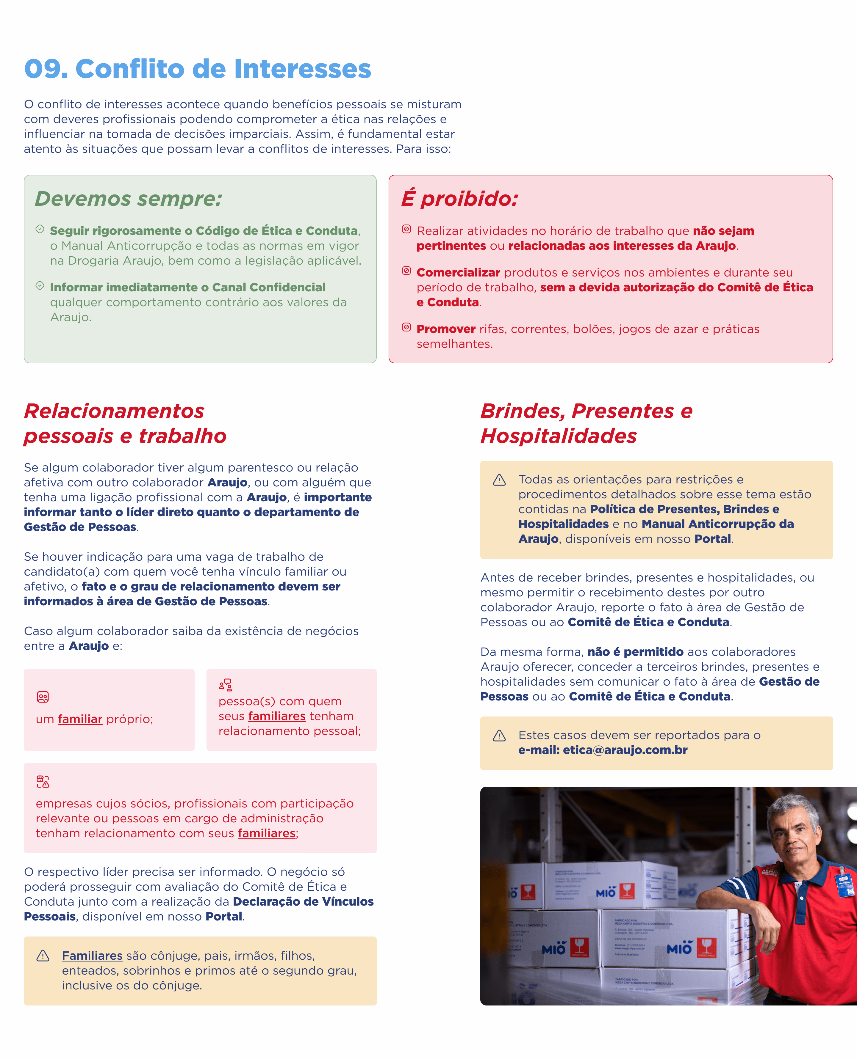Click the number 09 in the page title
tap(46, 69)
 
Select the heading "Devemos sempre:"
tap(128, 199)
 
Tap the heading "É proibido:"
tap(460, 199)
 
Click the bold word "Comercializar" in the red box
tap(458, 272)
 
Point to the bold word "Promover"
tap(446, 329)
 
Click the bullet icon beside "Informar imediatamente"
tap(40, 286)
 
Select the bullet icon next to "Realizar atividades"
tap(406, 229)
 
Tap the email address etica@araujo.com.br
tap(625, 750)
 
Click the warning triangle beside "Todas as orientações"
tap(499, 480)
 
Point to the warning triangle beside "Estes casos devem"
tap(499, 736)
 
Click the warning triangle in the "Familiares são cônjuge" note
tap(43, 956)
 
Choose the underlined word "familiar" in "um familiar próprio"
tap(80, 719)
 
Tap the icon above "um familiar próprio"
tap(43, 697)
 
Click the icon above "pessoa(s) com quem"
tap(226, 685)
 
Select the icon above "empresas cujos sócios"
tap(43, 782)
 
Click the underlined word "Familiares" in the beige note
tap(92, 956)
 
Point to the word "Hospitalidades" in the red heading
tap(558, 436)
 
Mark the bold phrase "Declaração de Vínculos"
tap(303, 902)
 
